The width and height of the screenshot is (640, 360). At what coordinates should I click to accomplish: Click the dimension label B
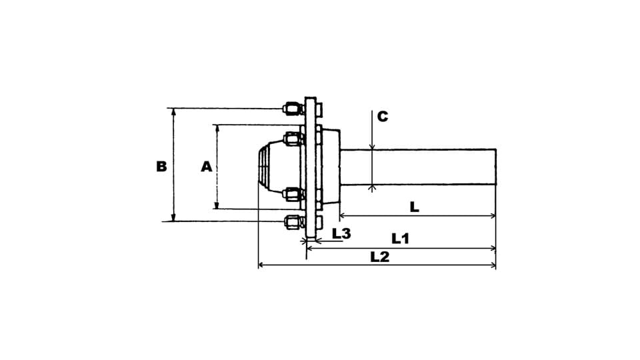(161, 166)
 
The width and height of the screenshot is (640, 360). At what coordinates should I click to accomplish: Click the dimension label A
(207, 166)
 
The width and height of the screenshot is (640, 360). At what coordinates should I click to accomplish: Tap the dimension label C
(382, 116)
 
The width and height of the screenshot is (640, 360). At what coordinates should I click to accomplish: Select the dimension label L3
(341, 233)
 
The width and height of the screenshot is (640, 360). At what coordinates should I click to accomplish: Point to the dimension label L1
(401, 237)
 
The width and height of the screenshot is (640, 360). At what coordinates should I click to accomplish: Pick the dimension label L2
(379, 257)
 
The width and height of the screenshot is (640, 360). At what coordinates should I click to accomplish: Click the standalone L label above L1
(414, 207)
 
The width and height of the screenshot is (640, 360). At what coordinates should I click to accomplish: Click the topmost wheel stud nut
(291, 108)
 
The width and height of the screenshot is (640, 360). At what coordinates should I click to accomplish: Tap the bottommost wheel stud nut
(291, 221)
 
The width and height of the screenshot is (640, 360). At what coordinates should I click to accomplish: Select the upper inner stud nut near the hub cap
(292, 139)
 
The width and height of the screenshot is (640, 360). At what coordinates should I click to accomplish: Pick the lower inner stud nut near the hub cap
(292, 194)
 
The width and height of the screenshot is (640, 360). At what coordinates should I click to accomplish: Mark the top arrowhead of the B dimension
(173, 111)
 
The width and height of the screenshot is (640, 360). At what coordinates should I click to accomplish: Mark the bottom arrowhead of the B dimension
(173, 219)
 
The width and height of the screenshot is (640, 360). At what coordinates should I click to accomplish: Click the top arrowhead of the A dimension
(217, 127)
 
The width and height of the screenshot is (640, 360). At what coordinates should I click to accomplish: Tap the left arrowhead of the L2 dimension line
(261, 265)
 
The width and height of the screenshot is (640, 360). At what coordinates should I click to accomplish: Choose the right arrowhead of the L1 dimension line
(493, 249)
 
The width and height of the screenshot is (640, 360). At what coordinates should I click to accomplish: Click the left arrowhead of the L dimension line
(343, 215)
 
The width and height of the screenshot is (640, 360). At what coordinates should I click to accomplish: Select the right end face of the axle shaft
(496, 167)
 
